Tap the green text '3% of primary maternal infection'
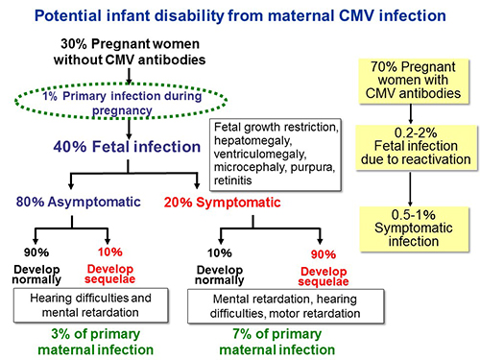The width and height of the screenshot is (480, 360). tap(91, 340)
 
